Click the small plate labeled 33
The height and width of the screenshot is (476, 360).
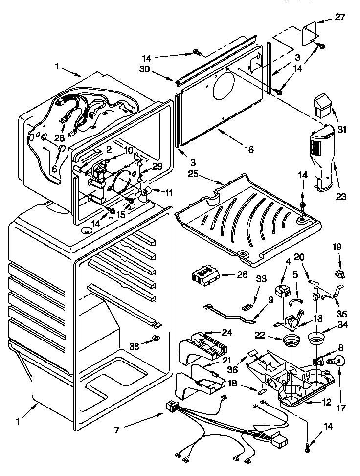pyautogui.click(x=247, y=306)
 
